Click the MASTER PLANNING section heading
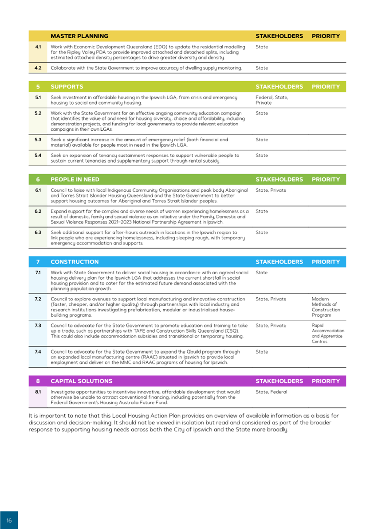[x=79, y=36]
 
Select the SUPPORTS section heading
[x=67, y=86]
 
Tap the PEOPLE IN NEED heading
[x=75, y=179]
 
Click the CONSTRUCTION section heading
[x=75, y=262]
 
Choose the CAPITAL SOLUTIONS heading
[x=81, y=381]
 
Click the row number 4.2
[x=38, y=68]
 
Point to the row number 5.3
[x=38, y=140]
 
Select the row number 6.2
[x=38, y=211]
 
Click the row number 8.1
[x=38, y=392]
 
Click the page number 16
[x=9, y=520]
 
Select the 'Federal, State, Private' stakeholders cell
[x=272, y=100]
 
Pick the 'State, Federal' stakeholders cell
[x=271, y=392]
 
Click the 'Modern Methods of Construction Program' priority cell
[x=326, y=307]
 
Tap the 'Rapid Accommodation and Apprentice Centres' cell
[x=328, y=333]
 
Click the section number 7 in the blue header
[x=38, y=262]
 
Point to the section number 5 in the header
[x=38, y=86]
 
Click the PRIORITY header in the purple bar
[x=326, y=381]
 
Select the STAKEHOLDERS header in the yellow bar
[x=279, y=36]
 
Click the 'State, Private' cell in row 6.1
[x=271, y=190]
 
